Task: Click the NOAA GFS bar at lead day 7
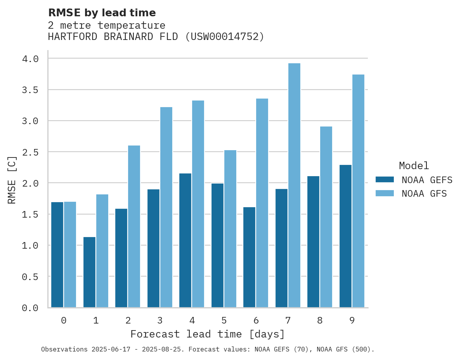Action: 294,185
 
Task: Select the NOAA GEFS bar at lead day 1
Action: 89,272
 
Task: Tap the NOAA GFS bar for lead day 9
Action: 358,191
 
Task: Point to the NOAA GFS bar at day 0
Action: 70,254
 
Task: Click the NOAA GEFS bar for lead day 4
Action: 185,241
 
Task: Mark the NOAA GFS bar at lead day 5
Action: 230,229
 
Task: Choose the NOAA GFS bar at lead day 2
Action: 134,227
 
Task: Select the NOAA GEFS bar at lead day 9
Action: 345,236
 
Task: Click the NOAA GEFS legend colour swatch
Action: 385,180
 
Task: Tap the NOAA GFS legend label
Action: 424,194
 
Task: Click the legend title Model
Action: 414,166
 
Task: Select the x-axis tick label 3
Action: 160,320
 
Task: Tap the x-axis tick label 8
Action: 320,320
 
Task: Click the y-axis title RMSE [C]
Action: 12,180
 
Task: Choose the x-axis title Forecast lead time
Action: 208,334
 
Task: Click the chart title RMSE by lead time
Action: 102,13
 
